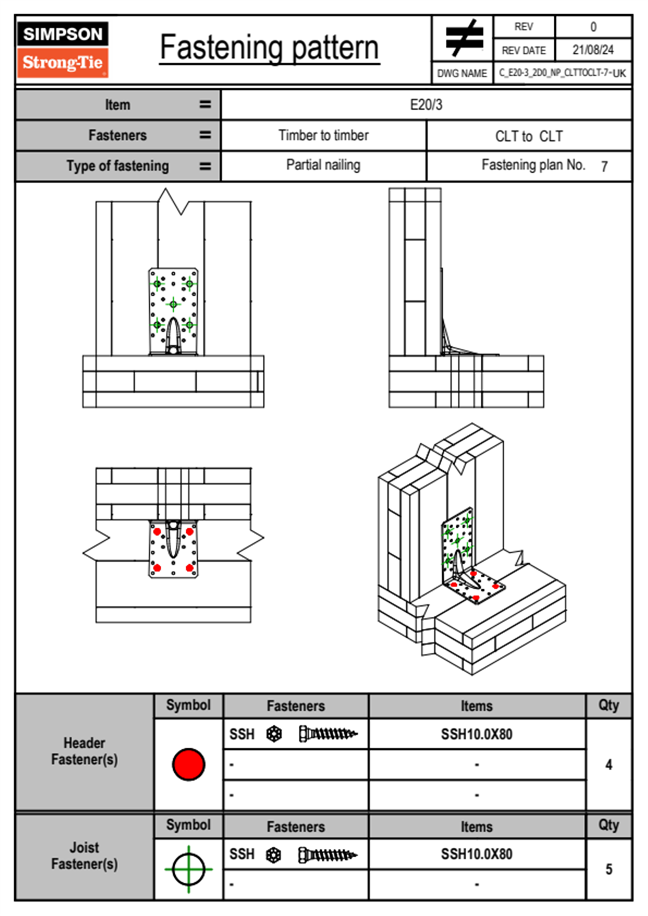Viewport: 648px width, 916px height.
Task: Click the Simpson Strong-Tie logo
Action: (x=63, y=49)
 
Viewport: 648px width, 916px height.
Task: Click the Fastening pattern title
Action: (x=270, y=47)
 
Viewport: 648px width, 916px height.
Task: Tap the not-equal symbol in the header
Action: (x=463, y=38)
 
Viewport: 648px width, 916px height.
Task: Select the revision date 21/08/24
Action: (x=593, y=50)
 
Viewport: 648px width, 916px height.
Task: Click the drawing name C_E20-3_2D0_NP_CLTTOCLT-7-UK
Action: (x=562, y=73)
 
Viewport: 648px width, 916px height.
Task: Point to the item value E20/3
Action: (x=426, y=105)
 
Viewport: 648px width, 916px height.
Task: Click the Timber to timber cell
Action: (x=323, y=135)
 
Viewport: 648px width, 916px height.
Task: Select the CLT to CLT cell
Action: (x=529, y=136)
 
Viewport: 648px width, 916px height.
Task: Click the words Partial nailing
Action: (x=323, y=165)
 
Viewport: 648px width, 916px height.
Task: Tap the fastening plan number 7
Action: (x=604, y=167)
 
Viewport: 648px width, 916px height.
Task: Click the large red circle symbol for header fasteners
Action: (x=188, y=764)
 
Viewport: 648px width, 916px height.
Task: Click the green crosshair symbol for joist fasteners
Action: (x=188, y=869)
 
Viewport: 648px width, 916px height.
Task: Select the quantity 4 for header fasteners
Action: (x=609, y=765)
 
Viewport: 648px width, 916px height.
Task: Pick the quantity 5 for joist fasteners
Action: (x=609, y=869)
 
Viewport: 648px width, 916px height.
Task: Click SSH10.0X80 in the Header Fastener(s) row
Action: (x=476, y=734)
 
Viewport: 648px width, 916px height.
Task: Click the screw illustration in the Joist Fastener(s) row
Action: (x=328, y=855)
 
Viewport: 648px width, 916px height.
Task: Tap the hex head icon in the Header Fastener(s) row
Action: (x=274, y=734)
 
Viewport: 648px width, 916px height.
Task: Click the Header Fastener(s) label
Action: (x=84, y=751)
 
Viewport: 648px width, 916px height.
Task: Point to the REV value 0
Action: (x=593, y=27)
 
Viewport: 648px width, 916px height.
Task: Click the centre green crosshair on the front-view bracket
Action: (x=173, y=304)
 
